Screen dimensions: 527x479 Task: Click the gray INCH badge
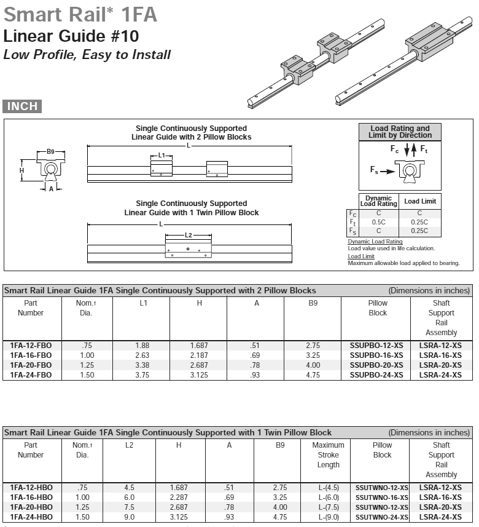point(22,106)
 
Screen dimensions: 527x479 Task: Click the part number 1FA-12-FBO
point(31,346)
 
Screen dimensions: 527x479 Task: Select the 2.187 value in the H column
point(198,355)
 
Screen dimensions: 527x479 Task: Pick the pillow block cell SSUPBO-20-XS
point(376,365)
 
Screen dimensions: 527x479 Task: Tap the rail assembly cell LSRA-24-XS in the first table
point(440,375)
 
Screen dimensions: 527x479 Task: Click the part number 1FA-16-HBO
point(31,497)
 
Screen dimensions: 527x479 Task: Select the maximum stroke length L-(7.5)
point(328,507)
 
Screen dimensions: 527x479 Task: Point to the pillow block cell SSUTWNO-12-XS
point(382,488)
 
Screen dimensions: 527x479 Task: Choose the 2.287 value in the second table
point(179,497)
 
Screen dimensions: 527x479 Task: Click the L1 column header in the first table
point(141,303)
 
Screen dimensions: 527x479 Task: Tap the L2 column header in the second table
point(129,445)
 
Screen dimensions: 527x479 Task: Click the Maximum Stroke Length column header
point(328,454)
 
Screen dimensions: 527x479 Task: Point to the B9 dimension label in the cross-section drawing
point(51,151)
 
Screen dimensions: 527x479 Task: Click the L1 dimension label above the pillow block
point(162,156)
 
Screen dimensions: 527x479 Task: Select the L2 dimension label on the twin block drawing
point(189,236)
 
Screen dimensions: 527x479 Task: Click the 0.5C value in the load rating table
point(378,222)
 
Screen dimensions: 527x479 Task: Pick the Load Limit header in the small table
point(419,201)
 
